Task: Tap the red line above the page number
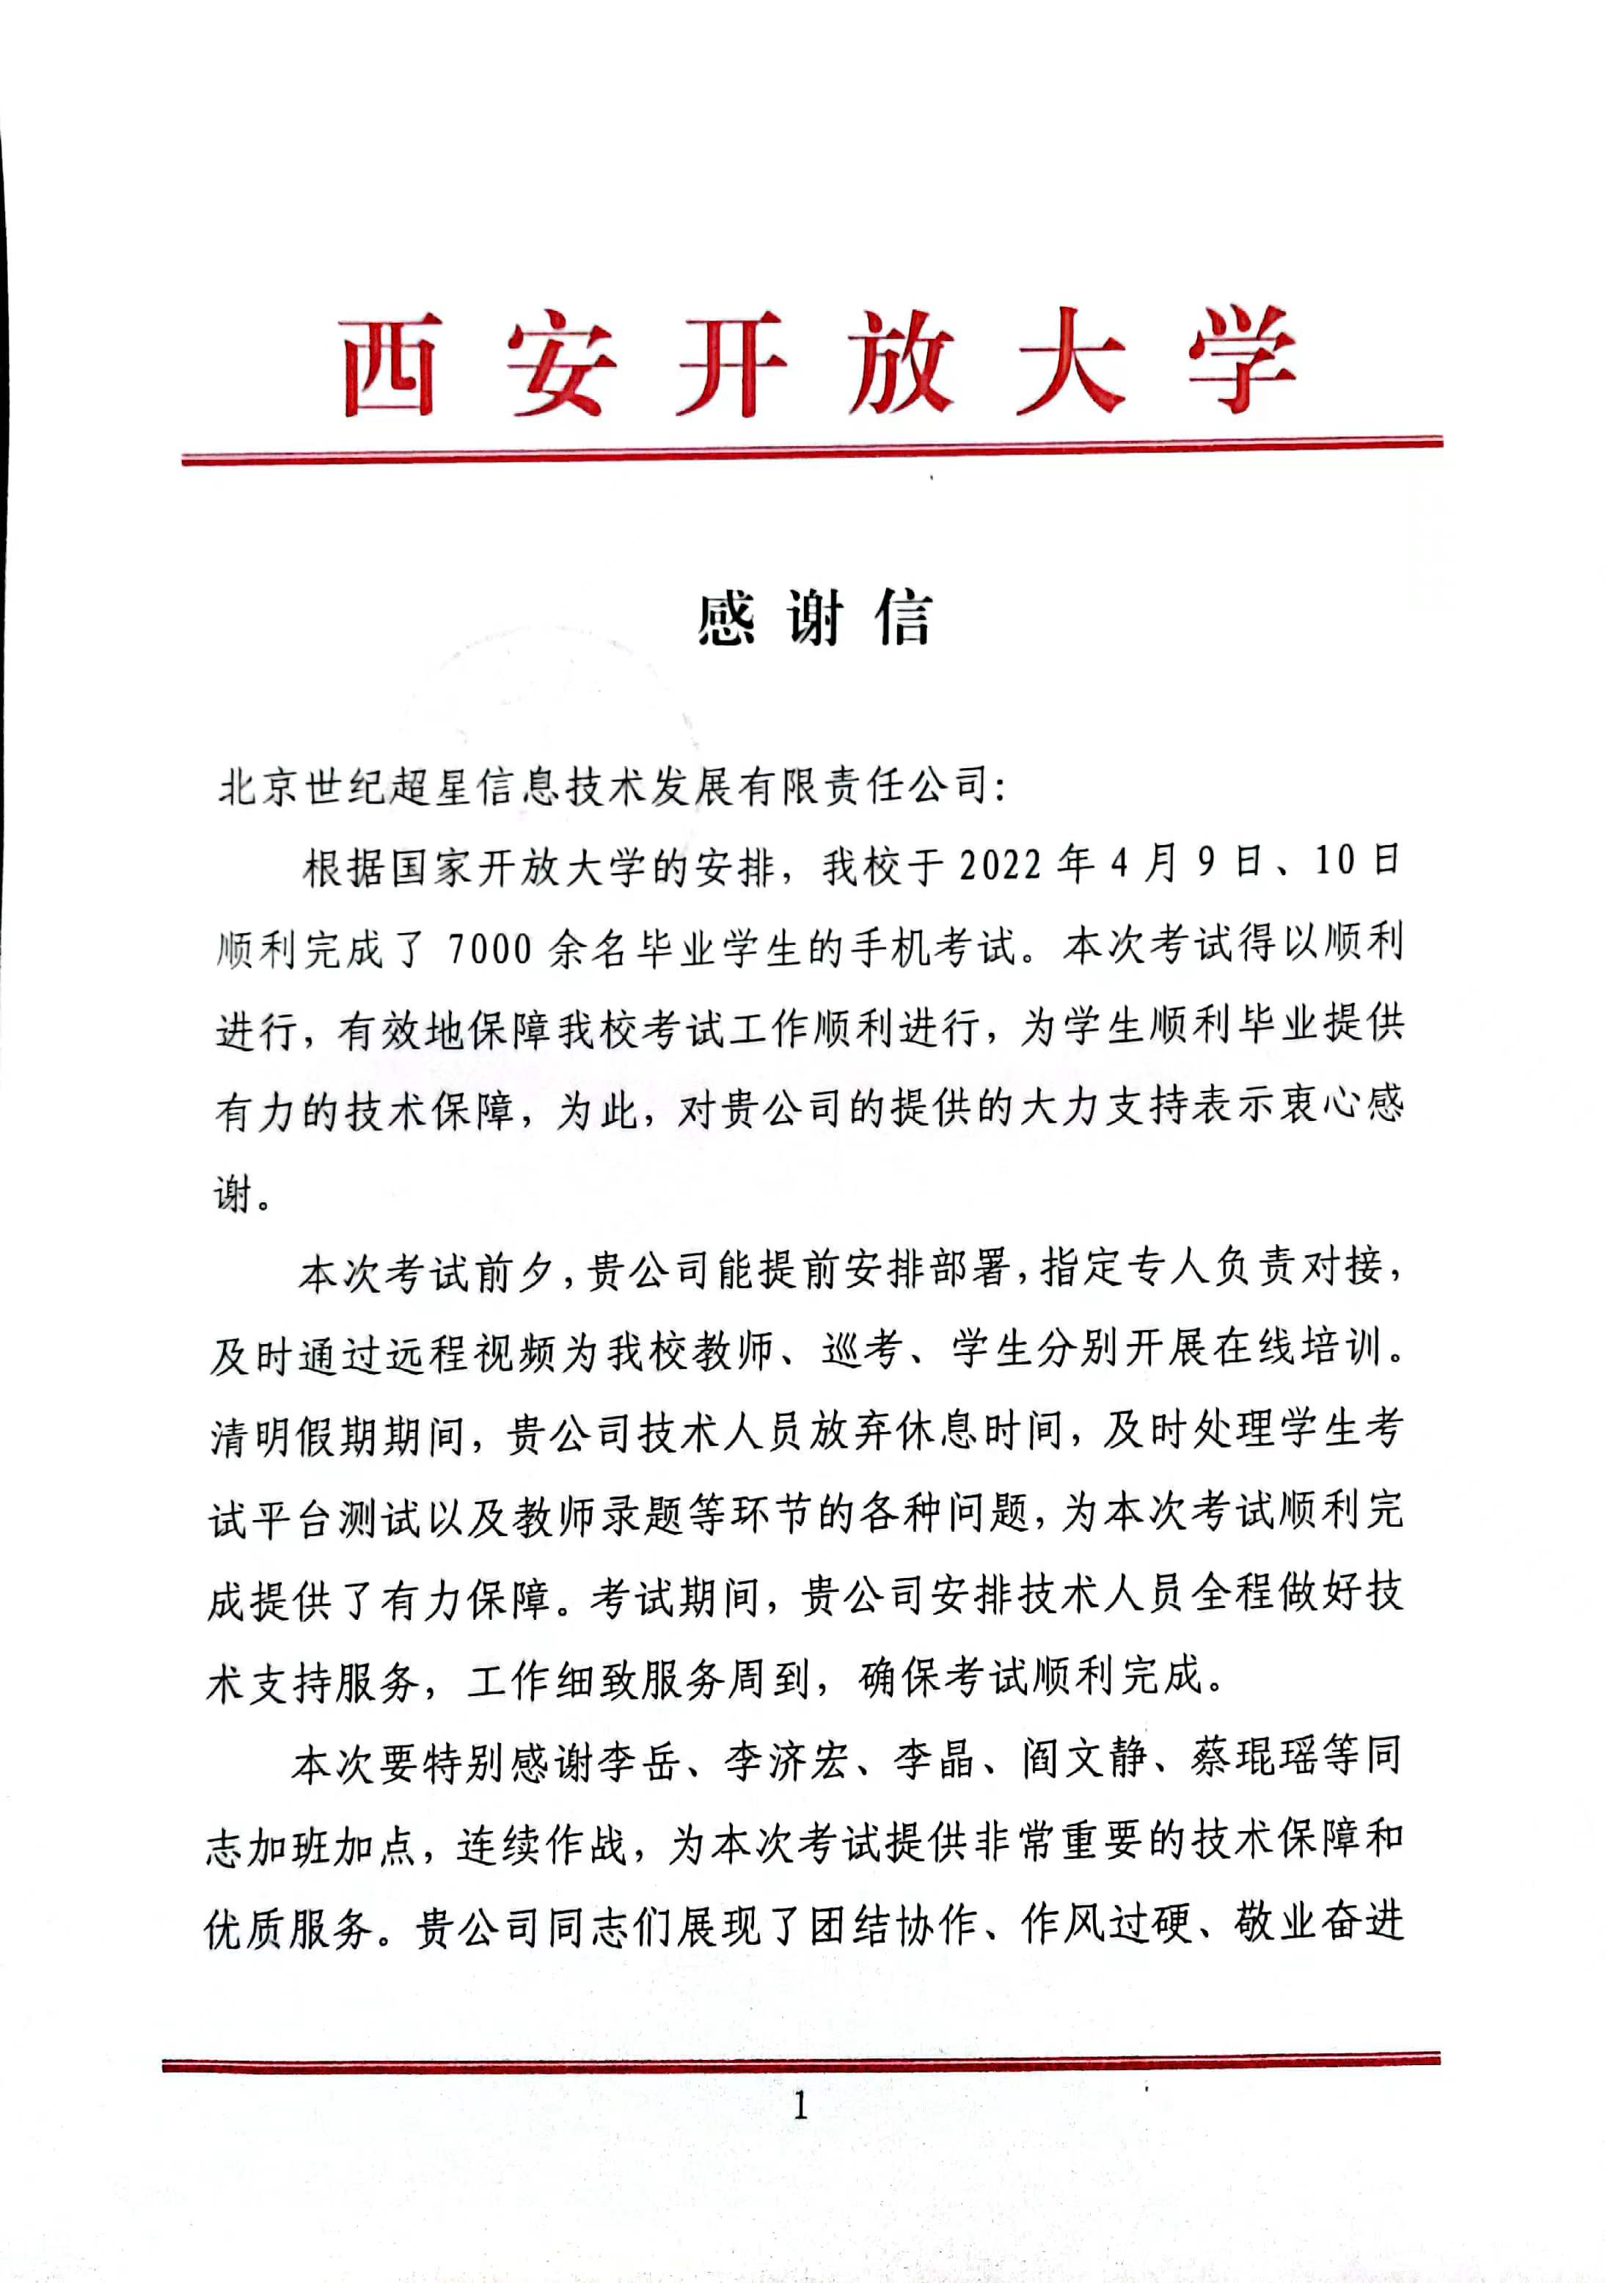point(800,2061)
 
